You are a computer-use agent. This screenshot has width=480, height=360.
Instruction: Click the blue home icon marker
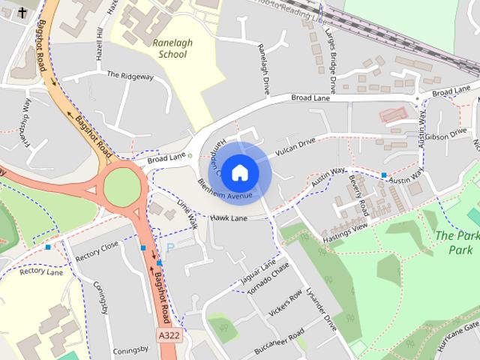(238, 172)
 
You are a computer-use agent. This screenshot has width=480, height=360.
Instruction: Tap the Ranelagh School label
(172, 48)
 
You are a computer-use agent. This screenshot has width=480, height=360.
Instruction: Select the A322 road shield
(168, 334)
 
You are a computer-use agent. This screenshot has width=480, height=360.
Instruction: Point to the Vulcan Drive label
(297, 142)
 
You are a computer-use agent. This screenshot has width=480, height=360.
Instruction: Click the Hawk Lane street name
(229, 218)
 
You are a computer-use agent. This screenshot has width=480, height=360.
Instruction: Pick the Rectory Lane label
(41, 271)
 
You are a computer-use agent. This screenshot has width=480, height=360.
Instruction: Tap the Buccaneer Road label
(278, 337)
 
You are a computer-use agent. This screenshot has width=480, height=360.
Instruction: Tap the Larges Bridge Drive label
(331, 53)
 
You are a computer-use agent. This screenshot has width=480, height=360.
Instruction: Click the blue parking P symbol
(169, 247)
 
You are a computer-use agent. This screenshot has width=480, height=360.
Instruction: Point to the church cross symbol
(22, 13)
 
